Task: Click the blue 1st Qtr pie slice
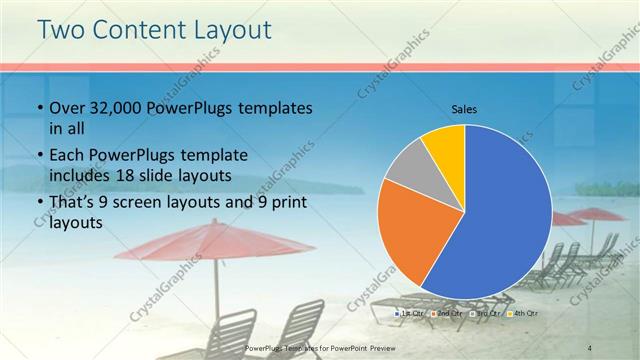(505, 220)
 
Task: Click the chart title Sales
(465, 107)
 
